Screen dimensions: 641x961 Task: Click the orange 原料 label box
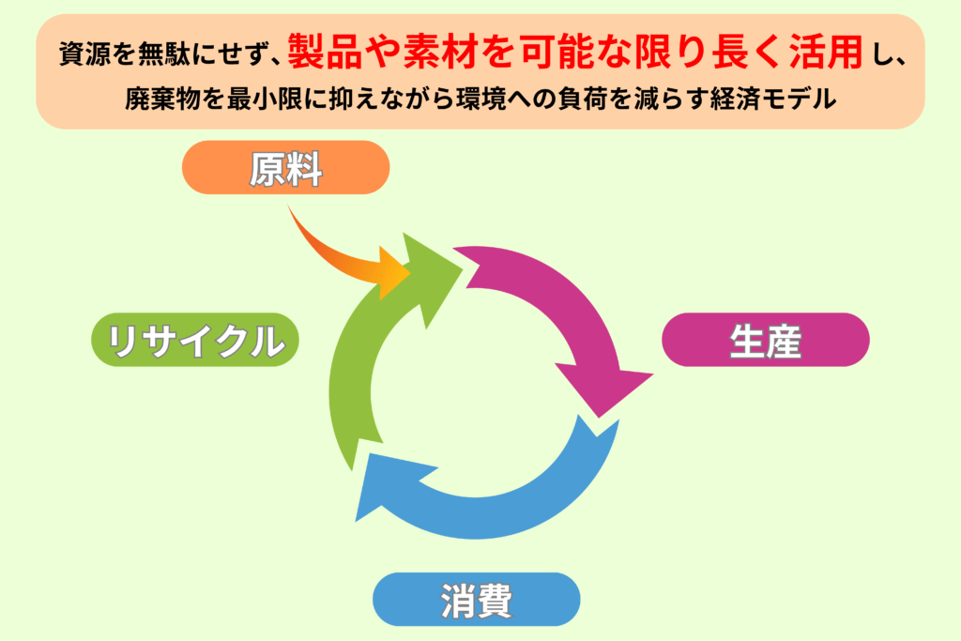click(285, 168)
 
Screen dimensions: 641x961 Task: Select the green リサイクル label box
click(194, 340)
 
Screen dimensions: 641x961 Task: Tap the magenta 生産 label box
click(765, 340)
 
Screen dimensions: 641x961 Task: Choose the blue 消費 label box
click(476, 600)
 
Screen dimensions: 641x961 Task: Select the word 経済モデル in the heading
click(788, 99)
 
